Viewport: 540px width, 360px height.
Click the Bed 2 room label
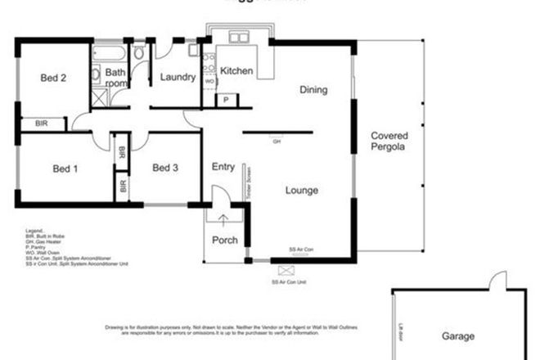[53, 79]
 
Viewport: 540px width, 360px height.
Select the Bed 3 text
[165, 169]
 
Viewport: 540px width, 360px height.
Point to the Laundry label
[178, 78]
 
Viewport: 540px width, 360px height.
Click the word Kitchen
[236, 71]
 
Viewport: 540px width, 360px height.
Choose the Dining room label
[313, 90]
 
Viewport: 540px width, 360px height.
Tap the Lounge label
[301, 191]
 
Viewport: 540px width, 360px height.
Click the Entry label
[223, 167]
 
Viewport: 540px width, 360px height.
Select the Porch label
[225, 240]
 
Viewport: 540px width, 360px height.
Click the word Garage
[459, 335]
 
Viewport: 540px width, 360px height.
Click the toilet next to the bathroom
[138, 54]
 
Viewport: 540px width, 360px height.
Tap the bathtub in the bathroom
[108, 55]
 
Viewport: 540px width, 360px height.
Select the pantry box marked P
[226, 100]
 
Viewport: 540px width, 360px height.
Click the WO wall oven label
[209, 82]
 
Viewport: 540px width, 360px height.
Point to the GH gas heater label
[277, 141]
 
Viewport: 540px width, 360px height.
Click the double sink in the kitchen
[240, 38]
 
